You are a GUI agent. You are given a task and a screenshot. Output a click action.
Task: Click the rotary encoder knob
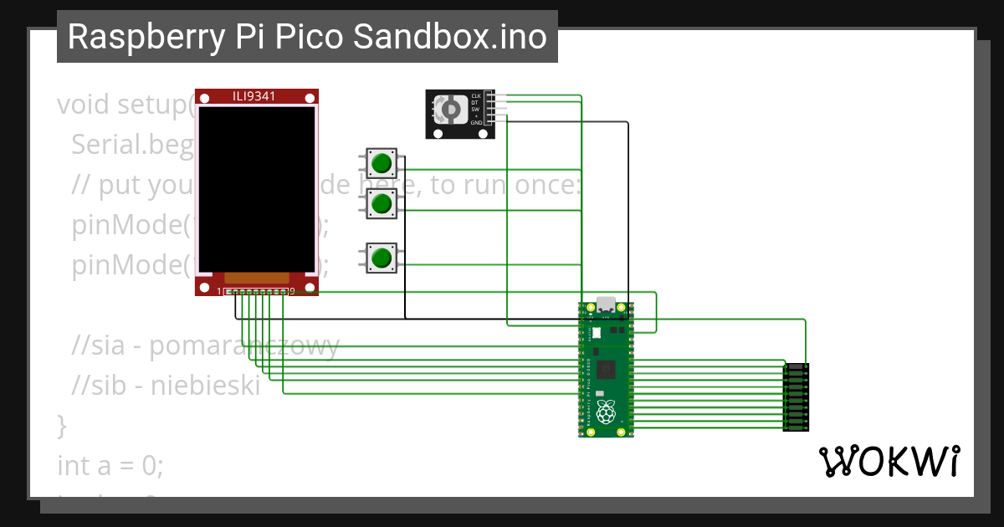(450, 110)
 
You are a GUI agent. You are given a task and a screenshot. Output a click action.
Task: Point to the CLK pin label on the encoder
(476, 96)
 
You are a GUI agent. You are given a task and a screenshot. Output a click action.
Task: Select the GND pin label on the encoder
(476, 122)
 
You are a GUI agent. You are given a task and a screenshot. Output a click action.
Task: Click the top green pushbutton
(382, 162)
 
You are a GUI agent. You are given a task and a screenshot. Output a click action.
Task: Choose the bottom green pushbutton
(382, 257)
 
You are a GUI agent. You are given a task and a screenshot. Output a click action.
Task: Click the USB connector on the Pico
(605, 306)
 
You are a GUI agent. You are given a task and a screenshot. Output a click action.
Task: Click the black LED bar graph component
(795, 397)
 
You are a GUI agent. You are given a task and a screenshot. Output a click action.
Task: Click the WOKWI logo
(889, 461)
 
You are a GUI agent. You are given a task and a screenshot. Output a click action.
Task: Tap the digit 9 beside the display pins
(292, 290)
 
